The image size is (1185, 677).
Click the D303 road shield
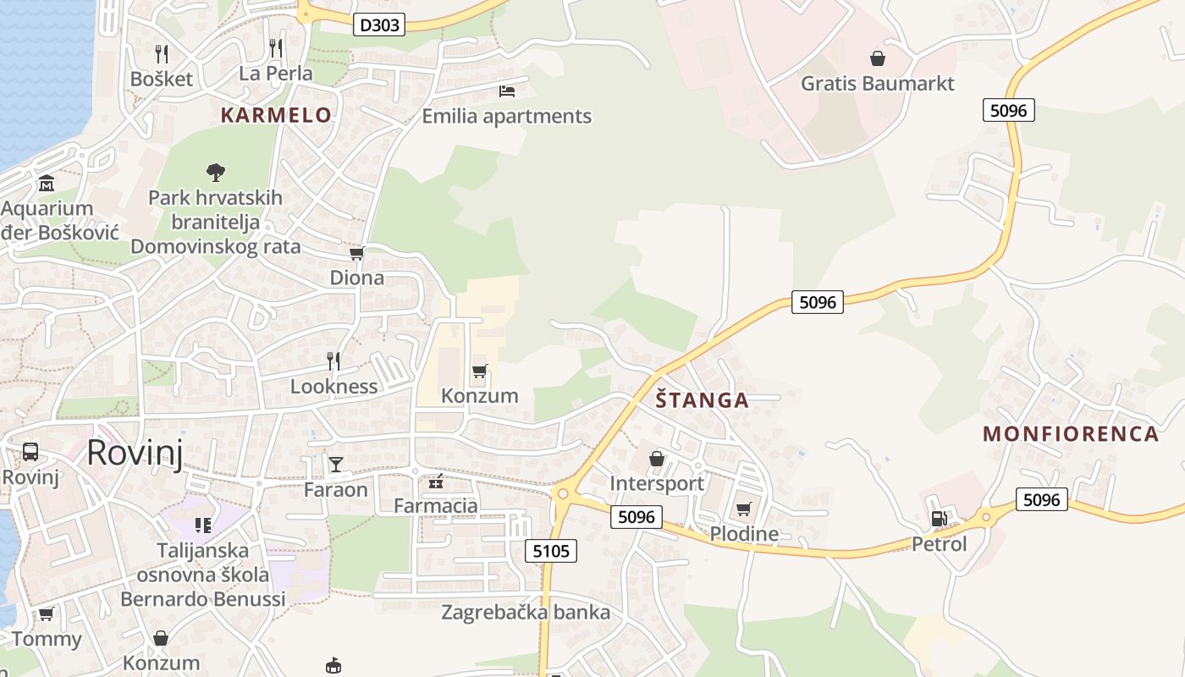378,25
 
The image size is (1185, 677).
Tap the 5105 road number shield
551,552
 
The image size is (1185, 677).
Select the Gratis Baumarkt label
878,84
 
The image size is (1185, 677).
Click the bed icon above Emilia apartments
507,91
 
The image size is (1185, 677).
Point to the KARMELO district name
276,115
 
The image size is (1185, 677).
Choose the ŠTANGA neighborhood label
703,400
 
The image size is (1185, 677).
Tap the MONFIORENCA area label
1070,434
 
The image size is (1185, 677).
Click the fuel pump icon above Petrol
939,519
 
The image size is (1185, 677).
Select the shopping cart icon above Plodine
743,509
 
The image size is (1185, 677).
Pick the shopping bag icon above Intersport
657,459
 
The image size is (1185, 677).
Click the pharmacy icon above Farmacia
436,482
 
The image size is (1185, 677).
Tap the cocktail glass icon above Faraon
336,464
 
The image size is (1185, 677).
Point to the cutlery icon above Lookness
333,361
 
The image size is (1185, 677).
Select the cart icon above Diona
356,253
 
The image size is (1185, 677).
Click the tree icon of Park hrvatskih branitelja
216,173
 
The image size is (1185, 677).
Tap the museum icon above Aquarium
47,183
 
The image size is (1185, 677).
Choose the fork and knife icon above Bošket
162,54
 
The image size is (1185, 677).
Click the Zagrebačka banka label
526,612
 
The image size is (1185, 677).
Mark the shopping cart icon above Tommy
47,614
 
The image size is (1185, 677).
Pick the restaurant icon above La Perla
275,47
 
